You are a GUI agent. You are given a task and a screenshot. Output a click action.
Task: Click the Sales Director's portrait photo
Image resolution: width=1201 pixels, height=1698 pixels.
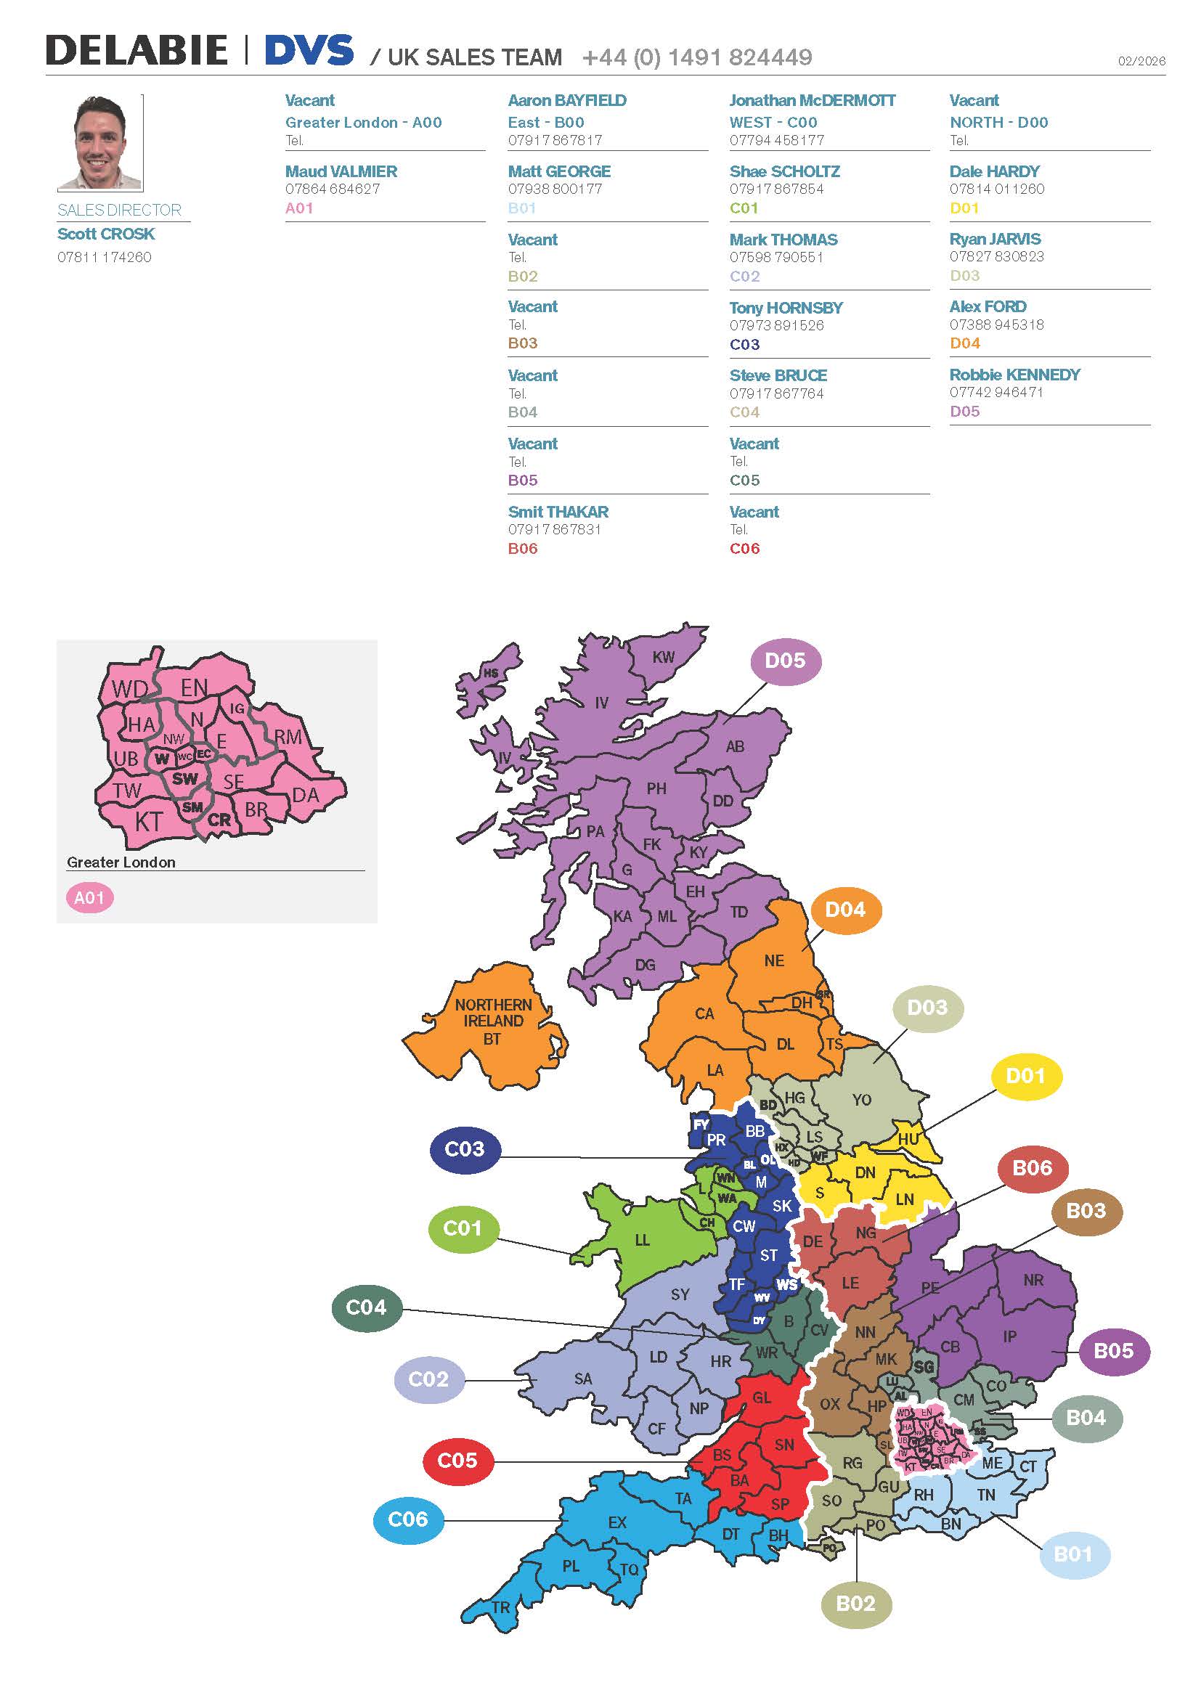coord(99,143)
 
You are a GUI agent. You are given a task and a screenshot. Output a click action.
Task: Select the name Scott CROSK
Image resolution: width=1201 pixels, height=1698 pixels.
coord(106,234)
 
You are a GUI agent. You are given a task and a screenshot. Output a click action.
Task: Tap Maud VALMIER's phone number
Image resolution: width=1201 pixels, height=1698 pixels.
coord(333,189)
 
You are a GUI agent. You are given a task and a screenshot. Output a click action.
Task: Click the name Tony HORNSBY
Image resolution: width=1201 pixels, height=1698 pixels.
coord(786,308)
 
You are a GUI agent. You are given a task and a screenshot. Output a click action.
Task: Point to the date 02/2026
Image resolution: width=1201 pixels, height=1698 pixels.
coord(1141,61)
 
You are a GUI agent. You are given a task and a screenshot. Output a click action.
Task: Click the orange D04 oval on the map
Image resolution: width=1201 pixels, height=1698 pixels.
coord(845,910)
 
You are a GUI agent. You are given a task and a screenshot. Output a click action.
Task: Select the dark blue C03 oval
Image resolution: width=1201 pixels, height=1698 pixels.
coord(465,1148)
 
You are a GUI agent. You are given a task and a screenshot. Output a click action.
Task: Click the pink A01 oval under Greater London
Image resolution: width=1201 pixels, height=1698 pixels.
coord(89,898)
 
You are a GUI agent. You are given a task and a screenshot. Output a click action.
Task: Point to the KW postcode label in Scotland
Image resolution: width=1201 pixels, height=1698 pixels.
coord(664,657)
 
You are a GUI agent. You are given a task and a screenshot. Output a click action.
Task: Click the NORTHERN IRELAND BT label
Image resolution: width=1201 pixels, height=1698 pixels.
coord(493,1021)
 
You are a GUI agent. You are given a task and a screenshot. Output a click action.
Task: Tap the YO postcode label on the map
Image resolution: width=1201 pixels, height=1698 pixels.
coord(862,1100)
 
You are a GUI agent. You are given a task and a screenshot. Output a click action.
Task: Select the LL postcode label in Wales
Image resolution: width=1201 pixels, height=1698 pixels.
coord(642,1239)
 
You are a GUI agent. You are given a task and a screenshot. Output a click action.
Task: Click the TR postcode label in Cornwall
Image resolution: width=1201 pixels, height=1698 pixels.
coord(501,1607)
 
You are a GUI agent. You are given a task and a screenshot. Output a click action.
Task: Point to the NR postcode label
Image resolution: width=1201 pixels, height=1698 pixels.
coord(1033,1280)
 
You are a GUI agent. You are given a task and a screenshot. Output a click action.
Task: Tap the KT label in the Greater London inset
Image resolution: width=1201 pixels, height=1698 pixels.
coord(148,822)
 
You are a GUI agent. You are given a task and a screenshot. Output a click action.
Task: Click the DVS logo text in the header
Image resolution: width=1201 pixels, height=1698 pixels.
coord(309,51)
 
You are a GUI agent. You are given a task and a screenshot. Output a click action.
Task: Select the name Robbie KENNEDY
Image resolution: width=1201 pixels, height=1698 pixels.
coord(1014,375)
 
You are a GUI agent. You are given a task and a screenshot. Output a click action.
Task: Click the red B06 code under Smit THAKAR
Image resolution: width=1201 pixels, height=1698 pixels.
coord(523,549)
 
